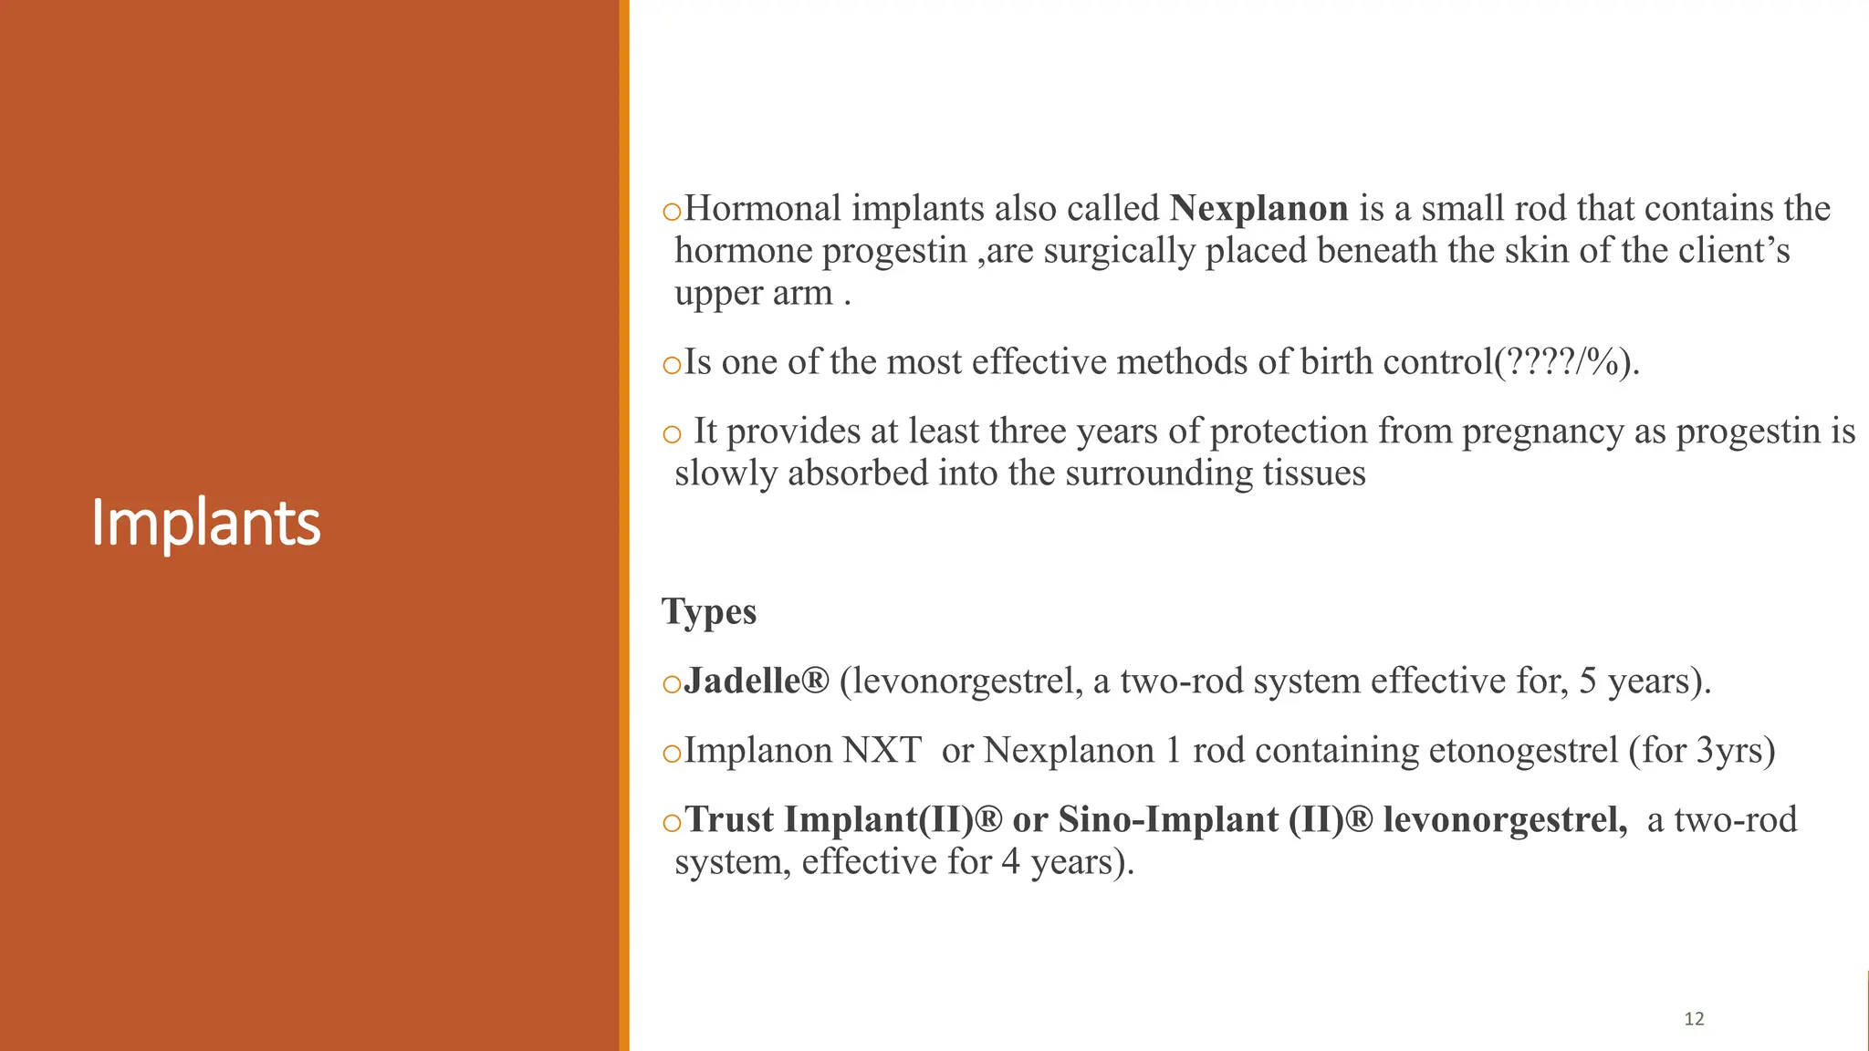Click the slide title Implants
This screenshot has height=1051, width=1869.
pos(205,524)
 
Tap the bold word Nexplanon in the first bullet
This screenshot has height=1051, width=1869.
pos(1258,209)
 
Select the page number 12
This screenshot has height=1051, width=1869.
pos(1694,1019)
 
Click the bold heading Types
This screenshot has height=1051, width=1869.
pos(709,612)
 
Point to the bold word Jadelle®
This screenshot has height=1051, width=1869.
pos(757,682)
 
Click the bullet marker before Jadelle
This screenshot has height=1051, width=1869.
pos(672,684)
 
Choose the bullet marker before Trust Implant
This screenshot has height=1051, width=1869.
pos(672,823)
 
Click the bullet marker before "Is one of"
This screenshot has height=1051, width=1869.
pos(672,366)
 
